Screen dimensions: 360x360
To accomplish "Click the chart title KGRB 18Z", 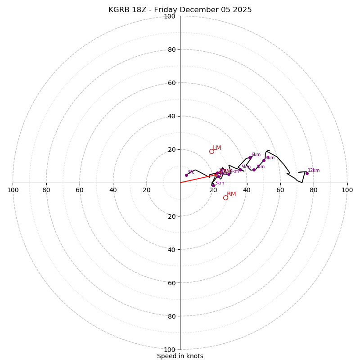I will pos(180,10).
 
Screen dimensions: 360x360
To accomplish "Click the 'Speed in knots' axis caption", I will pos(180,356).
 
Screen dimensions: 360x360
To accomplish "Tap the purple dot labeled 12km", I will pos(307,173).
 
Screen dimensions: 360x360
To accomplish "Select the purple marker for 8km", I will pos(264,160).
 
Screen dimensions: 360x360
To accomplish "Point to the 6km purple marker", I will pos(250,157).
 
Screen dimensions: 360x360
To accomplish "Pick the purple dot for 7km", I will pos(254,170).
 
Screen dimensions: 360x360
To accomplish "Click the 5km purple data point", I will pos(240,170).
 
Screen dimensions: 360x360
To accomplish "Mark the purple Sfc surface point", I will pos(186,175).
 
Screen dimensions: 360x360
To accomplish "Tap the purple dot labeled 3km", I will pos(213,185).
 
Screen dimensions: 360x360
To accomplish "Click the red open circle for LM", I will pos(211,151).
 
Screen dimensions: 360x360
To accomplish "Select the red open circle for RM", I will pos(225,198).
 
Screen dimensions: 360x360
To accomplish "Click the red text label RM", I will pos(231,194).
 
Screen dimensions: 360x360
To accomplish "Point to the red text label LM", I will pos(217,148).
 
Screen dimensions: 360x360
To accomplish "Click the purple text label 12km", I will pos(314,171).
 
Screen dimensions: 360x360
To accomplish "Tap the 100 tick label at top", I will pos(170,16).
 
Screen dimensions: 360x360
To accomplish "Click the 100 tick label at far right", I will pos(347,190).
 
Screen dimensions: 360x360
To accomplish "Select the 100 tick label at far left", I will pos(13,190).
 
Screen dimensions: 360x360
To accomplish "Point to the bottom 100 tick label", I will pos(170,350).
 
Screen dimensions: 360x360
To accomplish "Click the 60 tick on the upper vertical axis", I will pos(171,83).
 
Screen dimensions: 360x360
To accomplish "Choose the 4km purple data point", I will pos(229,174).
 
